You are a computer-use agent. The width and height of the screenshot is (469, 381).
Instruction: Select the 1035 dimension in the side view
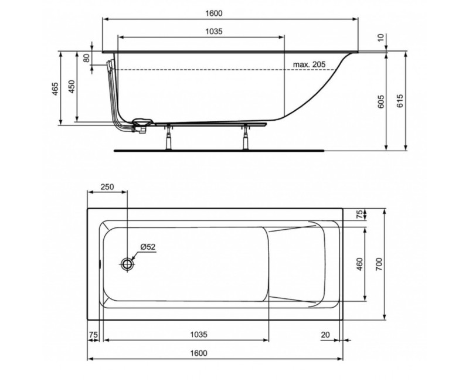(214, 32)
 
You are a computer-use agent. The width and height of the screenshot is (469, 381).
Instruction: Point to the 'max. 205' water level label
(309, 63)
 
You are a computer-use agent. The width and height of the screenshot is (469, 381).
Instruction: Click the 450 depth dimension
(71, 87)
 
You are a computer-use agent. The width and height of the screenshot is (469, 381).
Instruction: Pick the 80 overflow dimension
(86, 58)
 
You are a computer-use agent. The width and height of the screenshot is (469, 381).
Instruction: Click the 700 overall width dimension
(379, 264)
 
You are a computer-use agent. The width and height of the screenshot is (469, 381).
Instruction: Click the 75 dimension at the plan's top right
(360, 215)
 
